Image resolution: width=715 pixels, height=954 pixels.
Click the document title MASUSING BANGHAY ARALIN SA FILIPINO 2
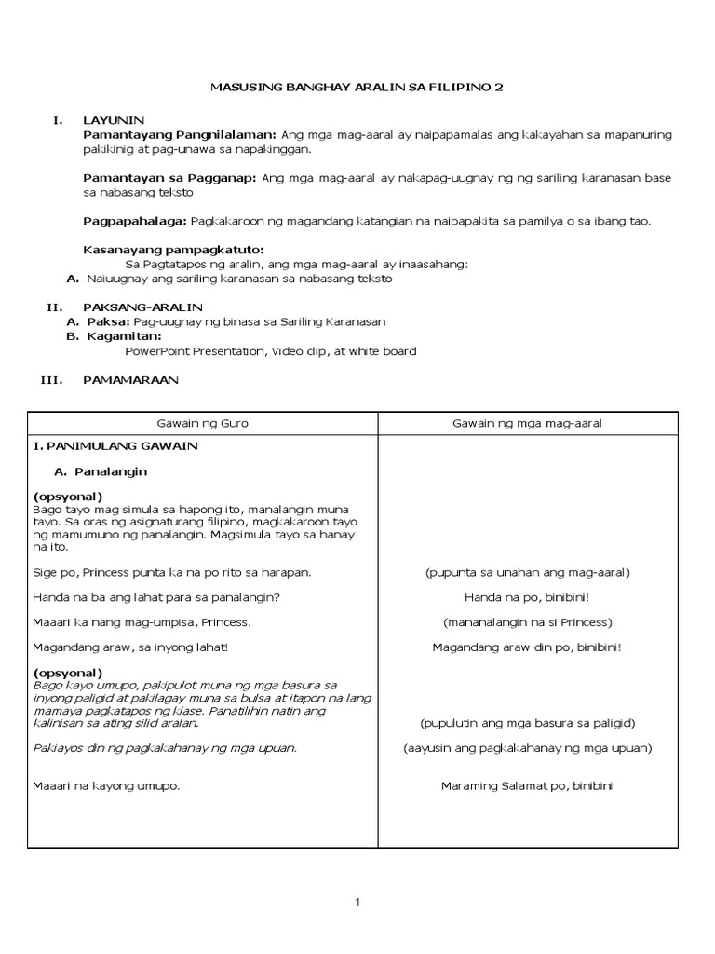click(x=357, y=87)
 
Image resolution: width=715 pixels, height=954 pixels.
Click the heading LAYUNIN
click(x=114, y=120)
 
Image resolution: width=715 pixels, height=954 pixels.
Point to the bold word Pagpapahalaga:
click(x=135, y=221)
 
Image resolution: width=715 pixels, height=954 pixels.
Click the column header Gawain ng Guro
click(x=202, y=423)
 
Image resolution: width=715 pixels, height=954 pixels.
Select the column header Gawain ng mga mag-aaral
click(x=527, y=423)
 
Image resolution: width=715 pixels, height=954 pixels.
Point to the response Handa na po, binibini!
click(x=527, y=597)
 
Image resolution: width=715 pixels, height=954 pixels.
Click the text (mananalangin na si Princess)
click(x=527, y=622)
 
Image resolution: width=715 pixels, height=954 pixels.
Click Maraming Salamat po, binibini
click(x=527, y=786)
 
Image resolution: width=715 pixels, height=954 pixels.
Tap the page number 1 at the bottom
click(x=357, y=902)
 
